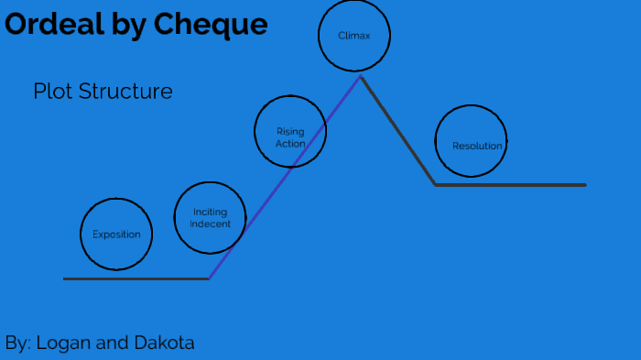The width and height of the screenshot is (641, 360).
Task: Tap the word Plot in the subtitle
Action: pos(52,92)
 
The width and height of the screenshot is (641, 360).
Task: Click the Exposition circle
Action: pos(116,234)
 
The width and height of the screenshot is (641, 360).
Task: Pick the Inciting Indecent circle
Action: pos(210,218)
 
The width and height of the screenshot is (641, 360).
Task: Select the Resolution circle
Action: pos(471,141)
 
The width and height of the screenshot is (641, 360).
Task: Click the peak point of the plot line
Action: pos(361,77)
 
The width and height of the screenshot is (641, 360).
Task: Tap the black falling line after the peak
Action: pos(398,131)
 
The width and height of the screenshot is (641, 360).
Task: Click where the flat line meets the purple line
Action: pos(210,278)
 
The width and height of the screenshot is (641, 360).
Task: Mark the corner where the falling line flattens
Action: pos(436,185)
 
